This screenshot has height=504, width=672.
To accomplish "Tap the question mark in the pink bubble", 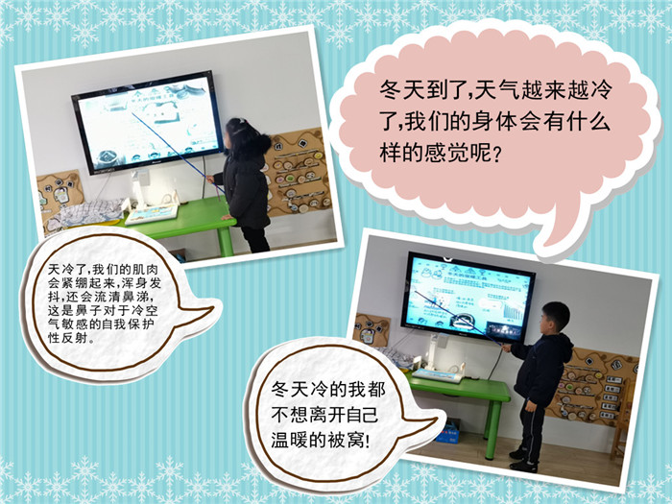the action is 497,153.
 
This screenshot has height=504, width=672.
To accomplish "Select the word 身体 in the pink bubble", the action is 494,122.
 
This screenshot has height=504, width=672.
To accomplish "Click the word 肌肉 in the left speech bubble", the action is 144,270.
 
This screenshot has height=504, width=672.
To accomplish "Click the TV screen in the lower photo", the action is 468,297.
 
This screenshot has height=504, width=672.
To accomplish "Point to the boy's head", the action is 554,317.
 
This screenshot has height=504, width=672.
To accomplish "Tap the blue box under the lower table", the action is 449,432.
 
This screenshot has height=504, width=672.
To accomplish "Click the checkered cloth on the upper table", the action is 91,212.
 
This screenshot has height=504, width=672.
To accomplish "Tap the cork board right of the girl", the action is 298,173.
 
